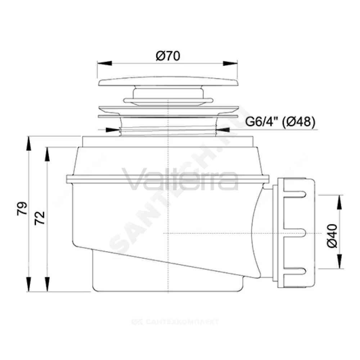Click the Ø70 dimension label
point(168,56)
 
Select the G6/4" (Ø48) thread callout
point(280,121)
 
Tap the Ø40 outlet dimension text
point(332,236)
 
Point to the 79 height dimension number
point(22,208)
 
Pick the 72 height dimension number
point(40,218)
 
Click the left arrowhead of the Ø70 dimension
point(104,63)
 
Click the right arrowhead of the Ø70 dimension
point(230,63)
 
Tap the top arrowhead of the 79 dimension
point(28,144)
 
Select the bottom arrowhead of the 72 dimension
point(47,284)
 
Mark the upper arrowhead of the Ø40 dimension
point(339,202)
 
